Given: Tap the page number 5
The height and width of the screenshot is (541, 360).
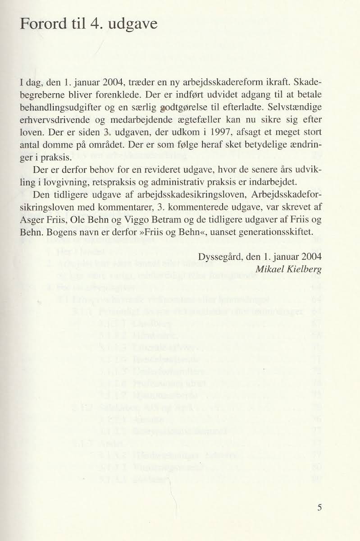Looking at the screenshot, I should tap(319, 507).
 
